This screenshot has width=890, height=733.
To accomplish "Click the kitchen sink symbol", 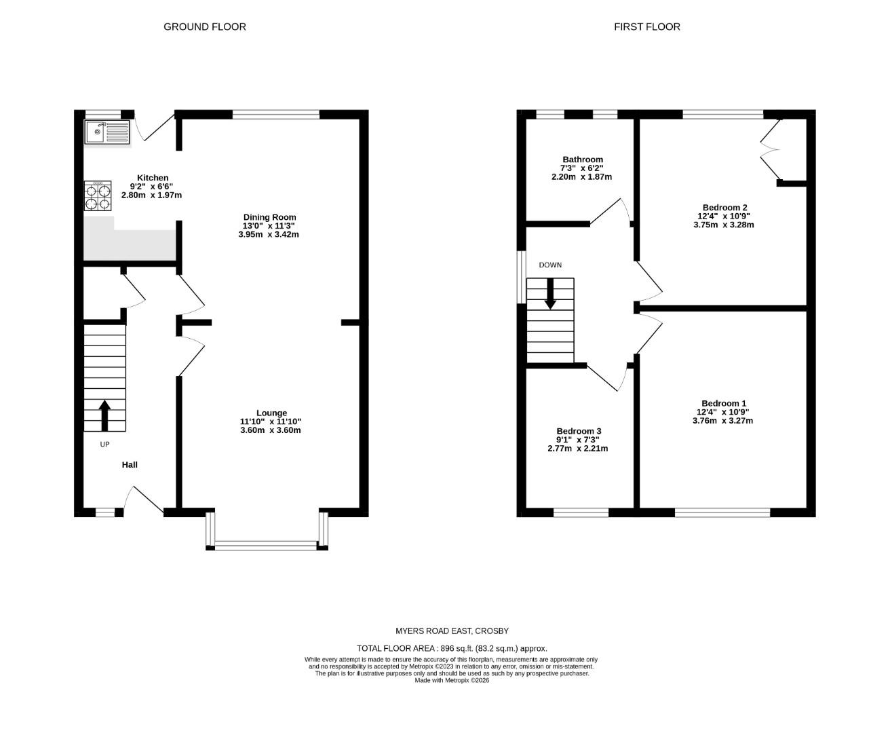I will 107,132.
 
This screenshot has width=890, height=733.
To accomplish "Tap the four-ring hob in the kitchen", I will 98,197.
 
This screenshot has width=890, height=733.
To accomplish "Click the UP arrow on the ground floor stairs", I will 104,415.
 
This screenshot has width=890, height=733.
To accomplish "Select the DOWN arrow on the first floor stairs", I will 550,295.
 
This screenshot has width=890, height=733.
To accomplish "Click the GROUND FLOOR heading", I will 204,27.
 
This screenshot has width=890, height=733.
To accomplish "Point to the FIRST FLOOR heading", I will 646,27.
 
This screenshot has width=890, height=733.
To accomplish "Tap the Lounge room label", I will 271,413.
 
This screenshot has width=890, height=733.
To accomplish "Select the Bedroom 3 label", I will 579,431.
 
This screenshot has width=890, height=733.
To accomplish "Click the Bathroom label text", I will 582,159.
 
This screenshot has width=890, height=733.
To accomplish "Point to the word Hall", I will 130,465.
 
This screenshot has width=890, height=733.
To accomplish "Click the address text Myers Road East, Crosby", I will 452,631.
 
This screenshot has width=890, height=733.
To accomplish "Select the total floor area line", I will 452,649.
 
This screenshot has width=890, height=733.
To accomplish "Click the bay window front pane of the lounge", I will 267,544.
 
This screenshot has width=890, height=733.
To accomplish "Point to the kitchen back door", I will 151,128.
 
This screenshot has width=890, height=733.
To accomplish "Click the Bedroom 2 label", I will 724,208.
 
